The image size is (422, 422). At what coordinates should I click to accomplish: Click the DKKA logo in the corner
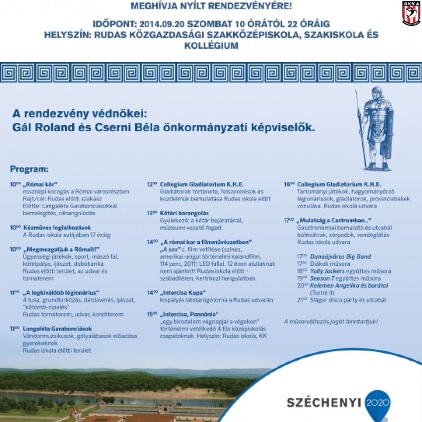(411, 13)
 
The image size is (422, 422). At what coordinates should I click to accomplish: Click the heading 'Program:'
(30, 170)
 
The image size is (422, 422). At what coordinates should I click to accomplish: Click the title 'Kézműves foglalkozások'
(57, 228)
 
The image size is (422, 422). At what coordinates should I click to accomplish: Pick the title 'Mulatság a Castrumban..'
(334, 220)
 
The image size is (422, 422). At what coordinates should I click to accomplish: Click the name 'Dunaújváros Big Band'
(340, 257)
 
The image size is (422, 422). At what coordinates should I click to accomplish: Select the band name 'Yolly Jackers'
(327, 271)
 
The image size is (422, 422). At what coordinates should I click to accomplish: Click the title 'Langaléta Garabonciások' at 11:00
(57, 329)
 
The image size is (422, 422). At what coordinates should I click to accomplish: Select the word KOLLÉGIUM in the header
(211, 46)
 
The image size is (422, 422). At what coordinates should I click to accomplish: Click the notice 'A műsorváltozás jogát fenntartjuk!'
(331, 322)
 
